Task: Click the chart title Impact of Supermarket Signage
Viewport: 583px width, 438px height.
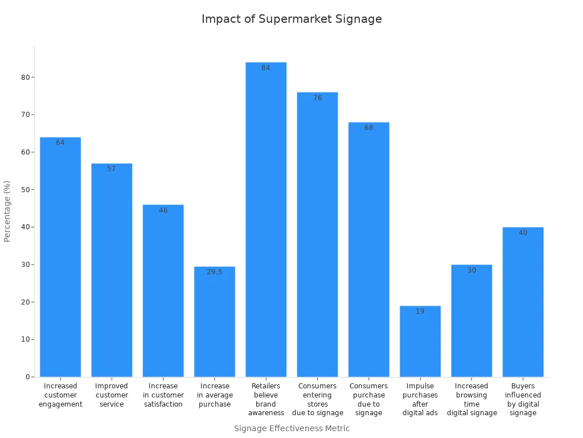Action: [291, 19]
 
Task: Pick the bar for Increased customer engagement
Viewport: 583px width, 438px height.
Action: [60, 257]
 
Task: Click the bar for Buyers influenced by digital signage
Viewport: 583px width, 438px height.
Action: [523, 302]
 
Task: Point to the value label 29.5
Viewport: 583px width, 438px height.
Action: [215, 272]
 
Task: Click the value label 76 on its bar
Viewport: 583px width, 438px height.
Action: [317, 98]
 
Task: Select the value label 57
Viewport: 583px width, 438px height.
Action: [112, 169]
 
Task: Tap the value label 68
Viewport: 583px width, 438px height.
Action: [369, 128]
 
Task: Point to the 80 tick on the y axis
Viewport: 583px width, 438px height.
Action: [26, 77]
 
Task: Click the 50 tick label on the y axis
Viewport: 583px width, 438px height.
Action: [26, 189]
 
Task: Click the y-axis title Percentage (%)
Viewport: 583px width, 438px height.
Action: [7, 211]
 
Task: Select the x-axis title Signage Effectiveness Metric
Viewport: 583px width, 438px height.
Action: [291, 428]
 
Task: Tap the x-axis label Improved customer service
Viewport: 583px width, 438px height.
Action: [112, 395]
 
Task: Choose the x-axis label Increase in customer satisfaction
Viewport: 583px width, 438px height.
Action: [163, 395]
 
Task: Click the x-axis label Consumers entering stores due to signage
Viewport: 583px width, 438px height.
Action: [317, 399]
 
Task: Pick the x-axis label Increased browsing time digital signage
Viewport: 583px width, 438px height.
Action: [471, 399]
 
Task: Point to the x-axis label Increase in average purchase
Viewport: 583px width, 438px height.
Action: [215, 395]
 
